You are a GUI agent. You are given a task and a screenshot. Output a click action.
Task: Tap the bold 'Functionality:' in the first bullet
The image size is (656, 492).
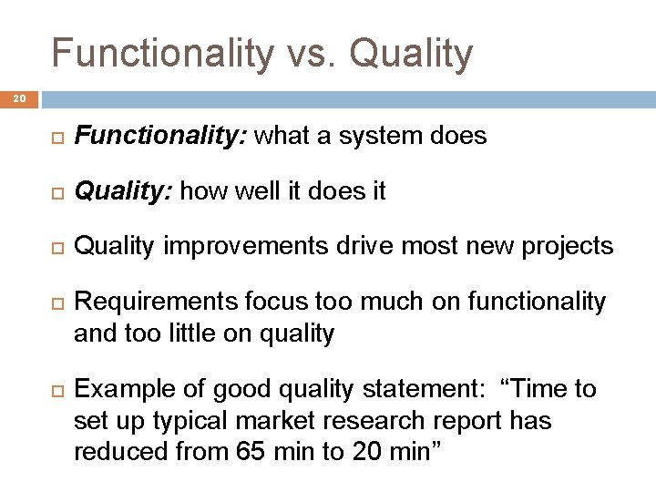tap(161, 138)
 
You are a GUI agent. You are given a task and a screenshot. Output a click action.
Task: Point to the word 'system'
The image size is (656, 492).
tap(385, 138)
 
